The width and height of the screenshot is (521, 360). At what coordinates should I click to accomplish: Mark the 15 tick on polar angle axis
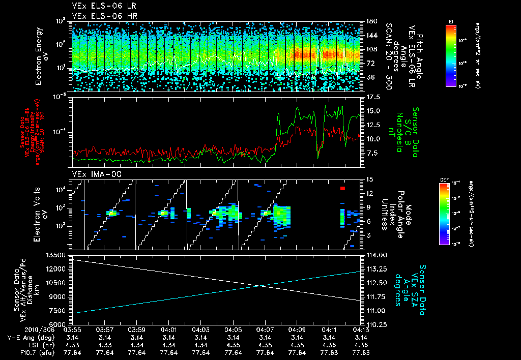pyautogui.click(x=369, y=179)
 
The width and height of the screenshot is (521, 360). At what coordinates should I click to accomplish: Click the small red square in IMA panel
pyautogui.click(x=343, y=189)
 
